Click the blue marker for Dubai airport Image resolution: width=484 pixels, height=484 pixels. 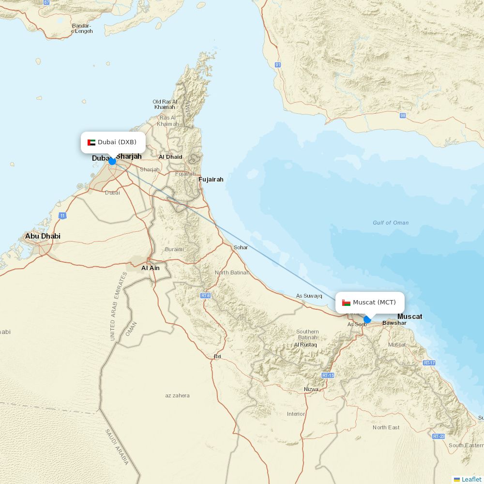coord(112,161)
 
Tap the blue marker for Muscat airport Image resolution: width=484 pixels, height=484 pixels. coord(367,319)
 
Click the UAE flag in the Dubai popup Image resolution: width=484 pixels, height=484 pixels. coord(91,142)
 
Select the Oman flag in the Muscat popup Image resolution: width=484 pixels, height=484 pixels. coord(346,302)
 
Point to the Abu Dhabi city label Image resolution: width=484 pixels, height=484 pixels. coord(43,236)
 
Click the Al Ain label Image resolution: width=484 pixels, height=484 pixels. coord(150,268)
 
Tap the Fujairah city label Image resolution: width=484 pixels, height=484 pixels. coord(211,180)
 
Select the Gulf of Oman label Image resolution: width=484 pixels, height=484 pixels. coord(391,223)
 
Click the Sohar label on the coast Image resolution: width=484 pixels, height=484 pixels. coord(241,247)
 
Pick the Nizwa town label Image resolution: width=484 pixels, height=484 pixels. coord(311,389)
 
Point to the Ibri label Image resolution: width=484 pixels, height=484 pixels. coord(217,356)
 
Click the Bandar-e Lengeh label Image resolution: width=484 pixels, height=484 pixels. coord(82,28)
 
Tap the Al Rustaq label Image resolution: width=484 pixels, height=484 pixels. coord(305,345)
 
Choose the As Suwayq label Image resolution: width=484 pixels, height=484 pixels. coord(309,296)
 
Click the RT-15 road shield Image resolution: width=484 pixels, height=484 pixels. coord(328,375)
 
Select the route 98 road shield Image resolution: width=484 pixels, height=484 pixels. coord(403,116)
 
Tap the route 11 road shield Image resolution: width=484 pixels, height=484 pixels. coord(62,215)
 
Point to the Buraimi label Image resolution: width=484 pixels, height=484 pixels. coord(174,249)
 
